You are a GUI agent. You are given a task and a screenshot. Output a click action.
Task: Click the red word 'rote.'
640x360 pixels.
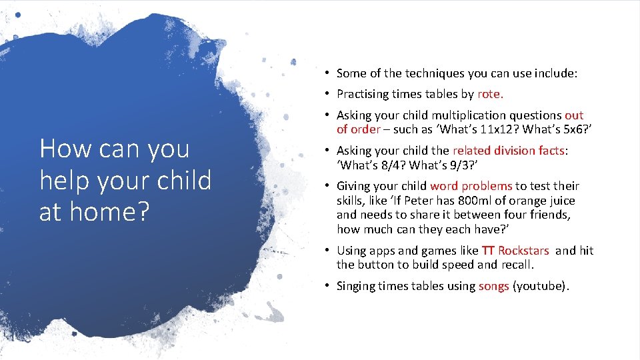coord(491,94)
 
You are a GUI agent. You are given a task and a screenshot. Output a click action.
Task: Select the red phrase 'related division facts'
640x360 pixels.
coord(508,151)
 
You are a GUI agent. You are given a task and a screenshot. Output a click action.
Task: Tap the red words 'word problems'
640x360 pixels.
coord(471,186)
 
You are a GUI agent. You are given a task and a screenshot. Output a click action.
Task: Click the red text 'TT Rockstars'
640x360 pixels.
coord(515,251)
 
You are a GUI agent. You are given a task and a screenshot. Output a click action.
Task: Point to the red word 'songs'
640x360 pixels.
coord(493,286)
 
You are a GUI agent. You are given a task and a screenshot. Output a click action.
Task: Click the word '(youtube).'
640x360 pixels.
coord(541,286)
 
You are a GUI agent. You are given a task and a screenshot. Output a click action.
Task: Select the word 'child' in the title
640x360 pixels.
coord(181,181)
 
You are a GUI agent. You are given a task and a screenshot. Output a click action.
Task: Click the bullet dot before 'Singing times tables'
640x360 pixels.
coord(329,286)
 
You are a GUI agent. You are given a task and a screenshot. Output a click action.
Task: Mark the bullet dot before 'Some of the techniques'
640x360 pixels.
coord(329,73)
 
